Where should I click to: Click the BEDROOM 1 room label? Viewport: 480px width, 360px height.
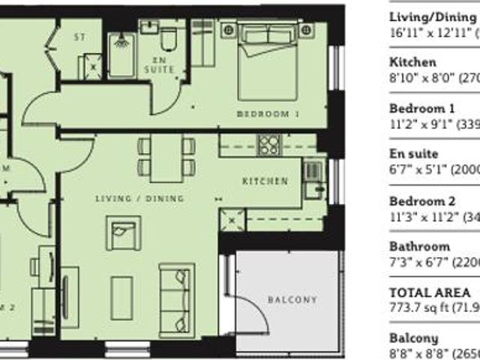click(268, 114)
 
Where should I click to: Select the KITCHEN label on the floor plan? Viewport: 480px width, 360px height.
click(265, 181)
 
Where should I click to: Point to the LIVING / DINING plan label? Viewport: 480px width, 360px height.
click(140, 198)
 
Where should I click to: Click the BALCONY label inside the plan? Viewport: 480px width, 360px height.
click(292, 300)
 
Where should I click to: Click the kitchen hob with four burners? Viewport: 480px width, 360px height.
click(269, 145)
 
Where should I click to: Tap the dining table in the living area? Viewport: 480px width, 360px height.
click(166, 158)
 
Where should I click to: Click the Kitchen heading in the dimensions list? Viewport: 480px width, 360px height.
click(412, 62)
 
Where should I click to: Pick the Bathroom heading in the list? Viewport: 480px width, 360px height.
click(420, 247)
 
